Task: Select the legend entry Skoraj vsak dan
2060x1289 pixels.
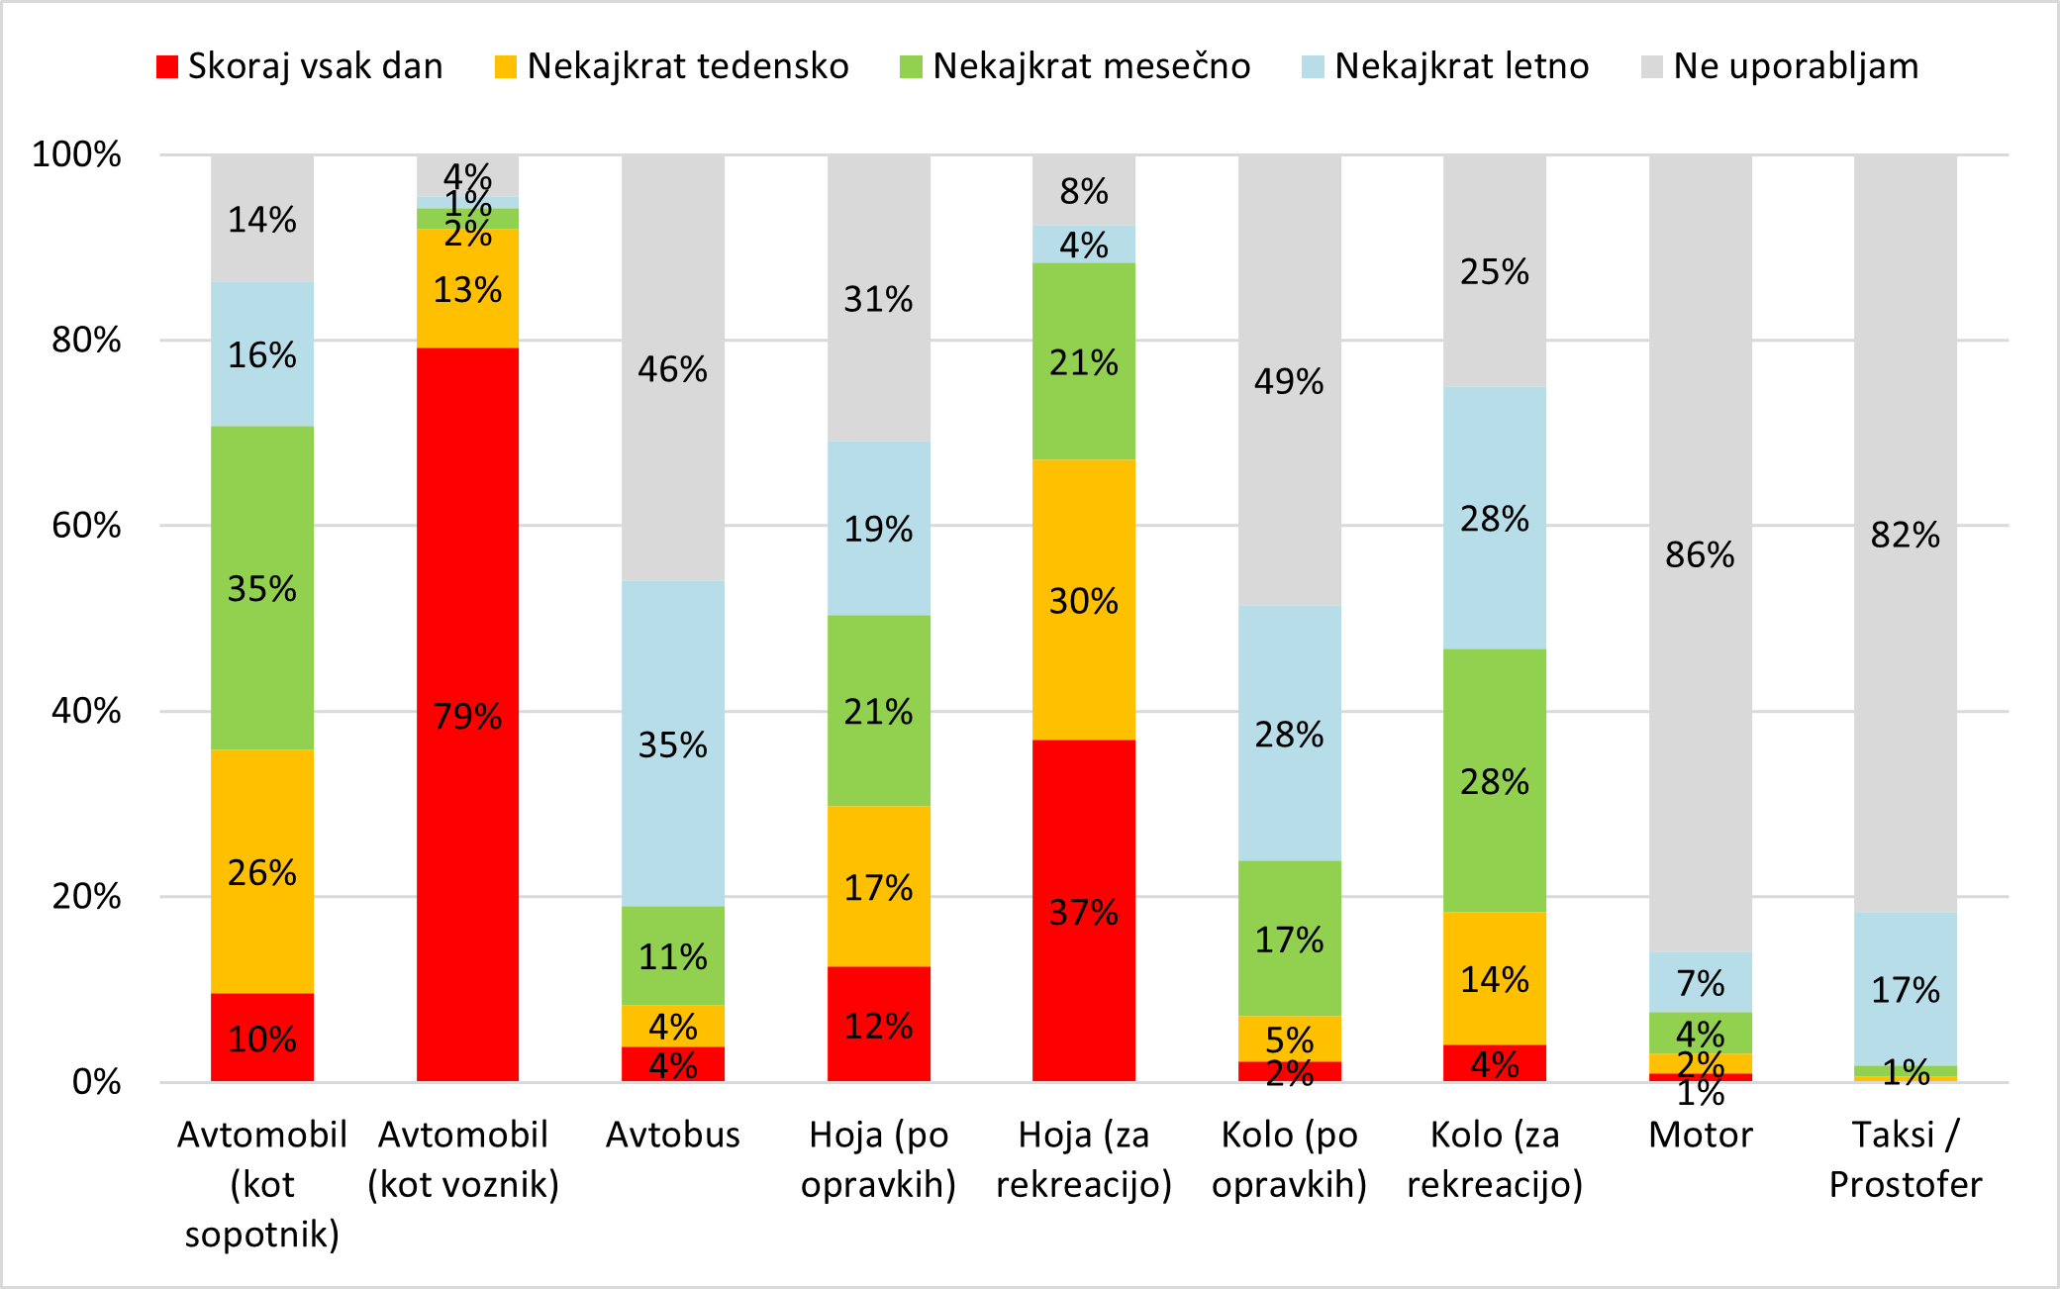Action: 300,66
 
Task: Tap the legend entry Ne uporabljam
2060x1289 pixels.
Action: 1780,66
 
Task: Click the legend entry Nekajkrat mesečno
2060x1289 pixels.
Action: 1075,66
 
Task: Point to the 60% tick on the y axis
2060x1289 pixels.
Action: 86,526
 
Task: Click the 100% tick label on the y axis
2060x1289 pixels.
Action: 76,154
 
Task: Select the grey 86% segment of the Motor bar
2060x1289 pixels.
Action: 1700,553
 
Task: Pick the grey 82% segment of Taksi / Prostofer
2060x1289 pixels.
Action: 1905,534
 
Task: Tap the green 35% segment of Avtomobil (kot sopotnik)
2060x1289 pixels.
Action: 262,588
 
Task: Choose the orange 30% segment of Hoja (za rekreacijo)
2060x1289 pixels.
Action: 1083,600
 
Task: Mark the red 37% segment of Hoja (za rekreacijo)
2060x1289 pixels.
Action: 1083,910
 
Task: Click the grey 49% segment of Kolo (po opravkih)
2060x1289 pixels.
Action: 1289,380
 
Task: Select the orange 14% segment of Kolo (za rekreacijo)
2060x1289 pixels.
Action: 1494,978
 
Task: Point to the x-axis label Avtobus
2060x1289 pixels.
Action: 672,1135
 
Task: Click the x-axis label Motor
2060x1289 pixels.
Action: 1700,1135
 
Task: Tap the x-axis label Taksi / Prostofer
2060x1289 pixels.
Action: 1905,1159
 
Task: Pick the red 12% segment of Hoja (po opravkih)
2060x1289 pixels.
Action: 878,1024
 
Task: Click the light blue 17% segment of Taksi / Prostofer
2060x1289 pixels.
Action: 1905,988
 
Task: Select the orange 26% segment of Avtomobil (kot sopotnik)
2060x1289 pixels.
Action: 262,871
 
